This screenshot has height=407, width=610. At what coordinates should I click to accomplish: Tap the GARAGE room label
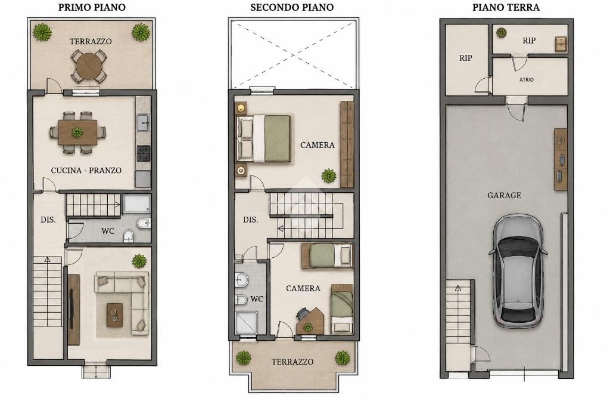tap(504, 195)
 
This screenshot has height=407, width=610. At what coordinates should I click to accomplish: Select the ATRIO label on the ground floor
tap(527, 79)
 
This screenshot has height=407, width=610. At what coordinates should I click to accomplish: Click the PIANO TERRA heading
tap(506, 7)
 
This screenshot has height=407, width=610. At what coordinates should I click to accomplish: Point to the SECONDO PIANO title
tap(292, 7)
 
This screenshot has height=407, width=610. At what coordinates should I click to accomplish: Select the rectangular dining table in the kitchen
tap(77, 132)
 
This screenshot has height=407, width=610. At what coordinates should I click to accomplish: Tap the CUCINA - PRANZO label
tap(86, 170)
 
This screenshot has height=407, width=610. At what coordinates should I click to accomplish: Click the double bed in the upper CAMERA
tap(264, 138)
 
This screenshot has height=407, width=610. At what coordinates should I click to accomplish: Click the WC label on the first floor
tap(108, 231)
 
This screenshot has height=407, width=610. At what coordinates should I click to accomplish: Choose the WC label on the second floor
tap(257, 299)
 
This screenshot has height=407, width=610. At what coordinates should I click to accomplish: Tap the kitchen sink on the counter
tap(144, 122)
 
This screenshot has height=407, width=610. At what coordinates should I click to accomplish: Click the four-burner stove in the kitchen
tap(143, 153)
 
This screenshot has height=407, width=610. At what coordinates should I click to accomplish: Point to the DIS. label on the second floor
tap(251, 220)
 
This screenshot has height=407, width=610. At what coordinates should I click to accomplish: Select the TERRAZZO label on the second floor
tap(292, 362)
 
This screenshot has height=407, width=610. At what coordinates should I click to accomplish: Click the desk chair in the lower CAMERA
tap(302, 313)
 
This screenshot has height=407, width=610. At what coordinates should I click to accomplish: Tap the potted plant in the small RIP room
tap(501, 33)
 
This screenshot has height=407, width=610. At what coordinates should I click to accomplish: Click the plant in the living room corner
tap(139, 261)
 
